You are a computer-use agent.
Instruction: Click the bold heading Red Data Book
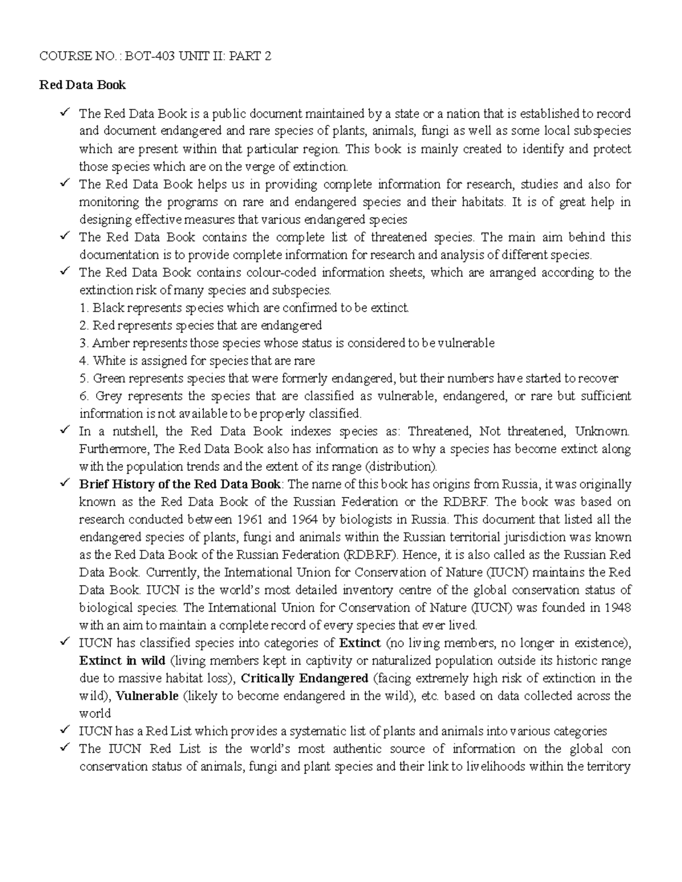(x=82, y=85)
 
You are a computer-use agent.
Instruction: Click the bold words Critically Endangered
(x=305, y=678)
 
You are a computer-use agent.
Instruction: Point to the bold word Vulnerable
(x=147, y=696)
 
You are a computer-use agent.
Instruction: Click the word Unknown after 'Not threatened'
(x=602, y=432)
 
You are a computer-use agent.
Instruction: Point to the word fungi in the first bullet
(x=435, y=131)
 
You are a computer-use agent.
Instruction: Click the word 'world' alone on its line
(x=94, y=713)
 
